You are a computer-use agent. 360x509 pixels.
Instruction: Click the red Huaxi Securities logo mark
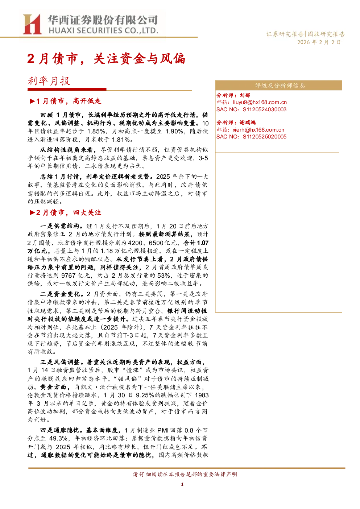click(32, 24)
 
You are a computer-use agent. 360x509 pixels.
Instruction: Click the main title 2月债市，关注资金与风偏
click(106, 59)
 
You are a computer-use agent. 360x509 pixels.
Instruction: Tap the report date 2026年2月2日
click(319, 42)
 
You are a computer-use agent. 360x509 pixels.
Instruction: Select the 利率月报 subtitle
click(49, 81)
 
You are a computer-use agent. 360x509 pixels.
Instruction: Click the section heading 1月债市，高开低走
click(66, 101)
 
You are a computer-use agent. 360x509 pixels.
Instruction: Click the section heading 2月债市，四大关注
click(66, 212)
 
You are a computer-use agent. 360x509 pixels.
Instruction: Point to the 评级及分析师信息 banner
click(278, 85)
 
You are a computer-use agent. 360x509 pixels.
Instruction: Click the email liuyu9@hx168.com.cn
click(260, 102)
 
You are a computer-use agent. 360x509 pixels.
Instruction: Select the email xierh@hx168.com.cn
click(258, 130)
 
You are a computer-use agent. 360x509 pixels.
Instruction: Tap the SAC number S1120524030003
click(265, 109)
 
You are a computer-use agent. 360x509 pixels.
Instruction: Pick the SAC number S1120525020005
click(265, 137)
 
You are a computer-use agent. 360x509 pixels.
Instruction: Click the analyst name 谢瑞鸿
click(248, 123)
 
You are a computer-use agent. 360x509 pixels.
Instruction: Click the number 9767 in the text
click(69, 276)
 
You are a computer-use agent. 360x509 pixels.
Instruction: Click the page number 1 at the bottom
click(182, 484)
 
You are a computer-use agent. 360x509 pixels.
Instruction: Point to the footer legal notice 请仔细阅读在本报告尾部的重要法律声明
click(185, 474)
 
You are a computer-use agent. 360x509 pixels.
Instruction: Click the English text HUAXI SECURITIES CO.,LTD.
click(104, 30)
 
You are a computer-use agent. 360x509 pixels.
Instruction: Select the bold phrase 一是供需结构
click(59, 226)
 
